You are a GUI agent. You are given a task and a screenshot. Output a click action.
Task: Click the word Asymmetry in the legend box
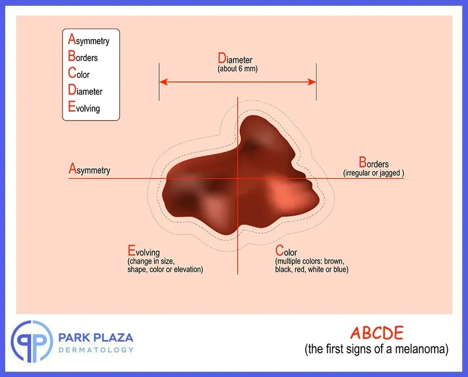point(88,40)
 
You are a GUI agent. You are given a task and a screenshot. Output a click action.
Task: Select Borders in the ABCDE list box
point(83,56)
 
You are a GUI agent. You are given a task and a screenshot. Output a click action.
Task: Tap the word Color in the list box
point(79,73)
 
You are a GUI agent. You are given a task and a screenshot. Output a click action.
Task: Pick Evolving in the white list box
point(84,107)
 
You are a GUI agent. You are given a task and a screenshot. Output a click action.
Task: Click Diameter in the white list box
point(85,90)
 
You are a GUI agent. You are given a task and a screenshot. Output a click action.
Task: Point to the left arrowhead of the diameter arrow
point(163,82)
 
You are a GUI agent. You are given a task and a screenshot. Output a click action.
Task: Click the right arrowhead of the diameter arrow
point(312,82)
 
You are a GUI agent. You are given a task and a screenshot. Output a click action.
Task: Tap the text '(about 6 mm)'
point(238,69)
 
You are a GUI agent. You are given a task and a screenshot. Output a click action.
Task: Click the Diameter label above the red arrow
point(235,58)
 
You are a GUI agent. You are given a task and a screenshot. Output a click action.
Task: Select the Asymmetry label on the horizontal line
point(89,168)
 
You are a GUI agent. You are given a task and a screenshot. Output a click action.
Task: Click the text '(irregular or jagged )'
point(374,173)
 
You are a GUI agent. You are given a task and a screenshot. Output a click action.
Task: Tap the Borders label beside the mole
point(374,162)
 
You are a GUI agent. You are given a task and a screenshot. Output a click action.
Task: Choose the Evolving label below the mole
point(144,251)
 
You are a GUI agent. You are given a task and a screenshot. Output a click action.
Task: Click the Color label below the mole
point(286,251)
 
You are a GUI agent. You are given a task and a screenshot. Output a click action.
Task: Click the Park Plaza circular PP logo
point(32,342)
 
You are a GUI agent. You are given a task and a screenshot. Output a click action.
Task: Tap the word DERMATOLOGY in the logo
point(96,350)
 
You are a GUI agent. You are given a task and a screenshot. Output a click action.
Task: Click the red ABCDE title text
point(376,333)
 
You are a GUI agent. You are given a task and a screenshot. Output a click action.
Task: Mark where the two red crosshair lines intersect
point(238,178)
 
